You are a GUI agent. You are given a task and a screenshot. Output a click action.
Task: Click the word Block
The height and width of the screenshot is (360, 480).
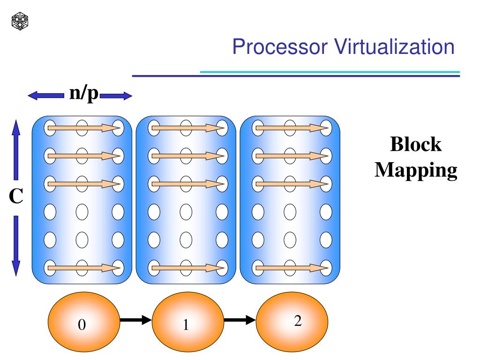tap(416, 144)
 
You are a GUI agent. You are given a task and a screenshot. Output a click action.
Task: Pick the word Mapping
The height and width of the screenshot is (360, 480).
tap(416, 170)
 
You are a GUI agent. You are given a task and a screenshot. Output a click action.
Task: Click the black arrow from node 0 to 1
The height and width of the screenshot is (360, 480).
tap(135, 321)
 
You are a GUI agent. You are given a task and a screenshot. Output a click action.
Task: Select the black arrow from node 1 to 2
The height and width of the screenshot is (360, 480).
tap(240, 321)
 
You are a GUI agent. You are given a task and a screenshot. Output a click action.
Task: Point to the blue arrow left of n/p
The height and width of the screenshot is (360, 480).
tap(45, 96)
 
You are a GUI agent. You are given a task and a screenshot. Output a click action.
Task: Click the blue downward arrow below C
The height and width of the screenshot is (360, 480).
tap(15, 246)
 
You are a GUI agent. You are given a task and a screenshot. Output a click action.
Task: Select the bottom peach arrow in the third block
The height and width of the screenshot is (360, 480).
tap(291, 268)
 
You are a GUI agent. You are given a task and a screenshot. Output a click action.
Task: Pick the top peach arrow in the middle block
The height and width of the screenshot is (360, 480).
tap(187, 127)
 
